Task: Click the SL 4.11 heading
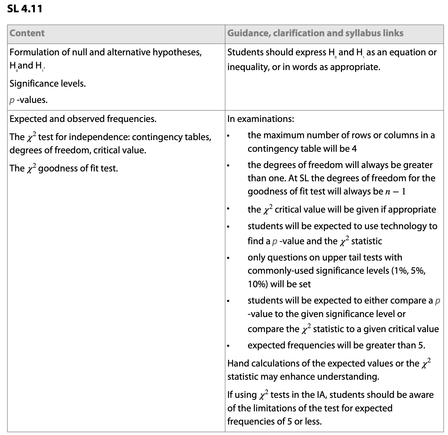coord(25,8)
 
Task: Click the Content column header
coord(27,33)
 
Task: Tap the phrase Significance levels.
coord(48,83)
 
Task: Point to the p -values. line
coord(29,100)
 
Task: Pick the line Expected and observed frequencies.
coord(83,119)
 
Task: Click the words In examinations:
coord(261,119)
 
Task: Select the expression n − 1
coord(395,191)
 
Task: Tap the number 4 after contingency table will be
coord(354,149)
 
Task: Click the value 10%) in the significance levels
coord(258,284)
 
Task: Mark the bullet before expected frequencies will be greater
coord(228,346)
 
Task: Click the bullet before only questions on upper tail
coord(228,258)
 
